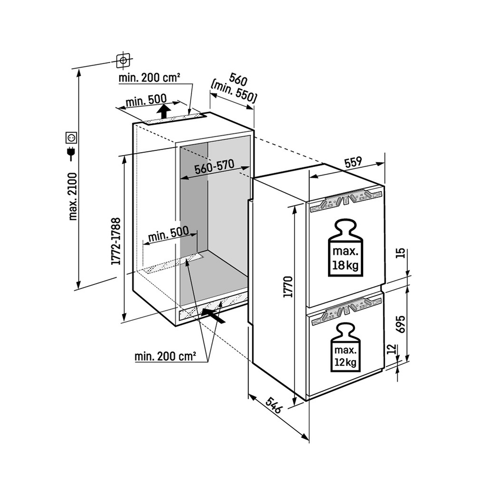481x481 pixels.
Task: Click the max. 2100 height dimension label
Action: coord(73,196)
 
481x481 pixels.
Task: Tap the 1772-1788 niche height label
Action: coord(116,241)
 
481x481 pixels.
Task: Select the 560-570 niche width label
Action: coord(214,167)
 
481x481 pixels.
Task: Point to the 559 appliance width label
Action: coord(353,162)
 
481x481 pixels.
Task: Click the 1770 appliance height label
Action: coord(288,286)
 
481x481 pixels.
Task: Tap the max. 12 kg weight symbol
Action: coord(345,347)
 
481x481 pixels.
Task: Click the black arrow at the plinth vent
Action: coord(213,316)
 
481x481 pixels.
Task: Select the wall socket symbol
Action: coord(71,138)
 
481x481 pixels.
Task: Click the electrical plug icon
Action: coord(71,154)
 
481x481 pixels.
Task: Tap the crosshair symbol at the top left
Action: coord(123,60)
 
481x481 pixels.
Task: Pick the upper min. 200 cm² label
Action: coord(149,78)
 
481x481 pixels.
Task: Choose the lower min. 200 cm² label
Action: coord(165,357)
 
